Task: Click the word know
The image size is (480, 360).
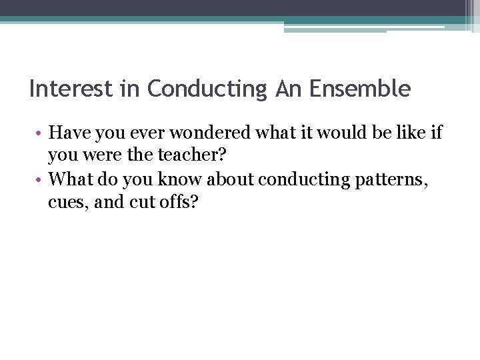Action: pyautogui.click(x=180, y=179)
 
